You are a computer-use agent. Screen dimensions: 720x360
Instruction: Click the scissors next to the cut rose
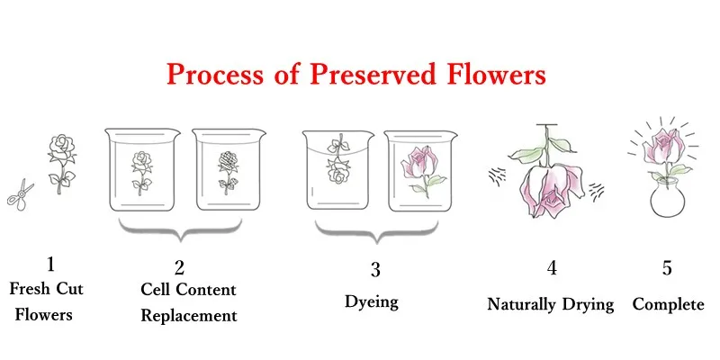[x=20, y=196]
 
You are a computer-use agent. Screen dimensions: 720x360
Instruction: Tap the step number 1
[x=50, y=264]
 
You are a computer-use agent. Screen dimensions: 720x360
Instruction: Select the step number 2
[x=179, y=267]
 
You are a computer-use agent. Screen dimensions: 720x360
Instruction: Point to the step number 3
[x=375, y=269]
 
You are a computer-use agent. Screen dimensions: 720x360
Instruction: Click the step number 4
[x=552, y=267]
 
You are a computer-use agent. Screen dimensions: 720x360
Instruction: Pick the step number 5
[x=667, y=268]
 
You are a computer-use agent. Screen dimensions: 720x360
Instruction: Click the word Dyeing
[x=372, y=302]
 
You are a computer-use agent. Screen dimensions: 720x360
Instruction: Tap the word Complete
[x=668, y=304]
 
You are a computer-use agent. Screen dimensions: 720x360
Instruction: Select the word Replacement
[x=189, y=316]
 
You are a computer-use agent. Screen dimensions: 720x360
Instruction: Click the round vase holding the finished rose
[x=668, y=198]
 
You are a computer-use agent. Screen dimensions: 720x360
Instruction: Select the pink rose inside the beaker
[x=423, y=170]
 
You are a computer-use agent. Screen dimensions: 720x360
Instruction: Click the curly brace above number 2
[x=180, y=229]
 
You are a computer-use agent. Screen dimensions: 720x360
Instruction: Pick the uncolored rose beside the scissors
[x=62, y=163]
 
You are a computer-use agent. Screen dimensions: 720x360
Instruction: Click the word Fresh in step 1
[x=31, y=289]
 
